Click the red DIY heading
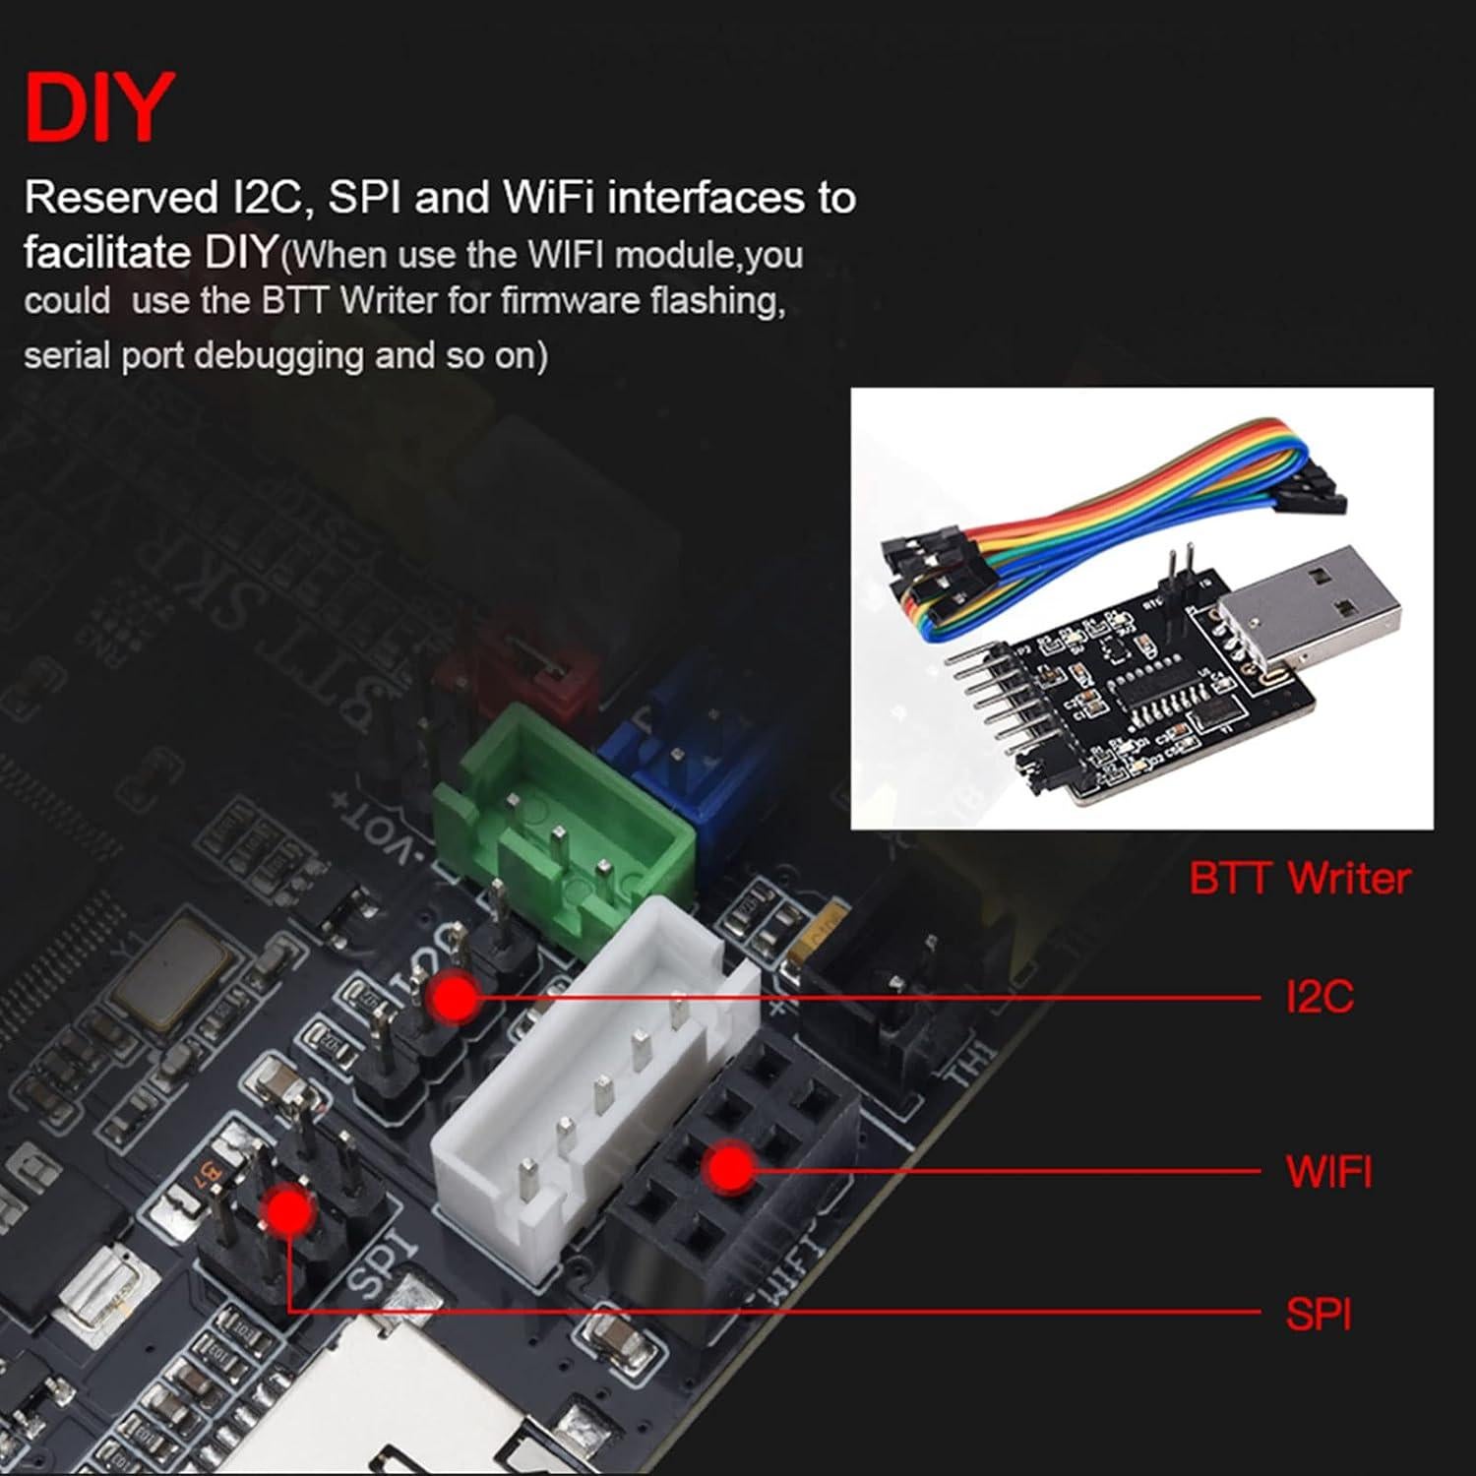(98, 107)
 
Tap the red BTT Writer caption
(1299, 878)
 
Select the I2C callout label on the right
(1320, 997)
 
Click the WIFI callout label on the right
(1328, 1171)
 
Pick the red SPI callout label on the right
(1319, 1315)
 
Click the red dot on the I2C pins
(455, 997)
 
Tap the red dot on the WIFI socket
(730, 1169)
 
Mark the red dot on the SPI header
(286, 1210)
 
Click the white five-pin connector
(590, 1102)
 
